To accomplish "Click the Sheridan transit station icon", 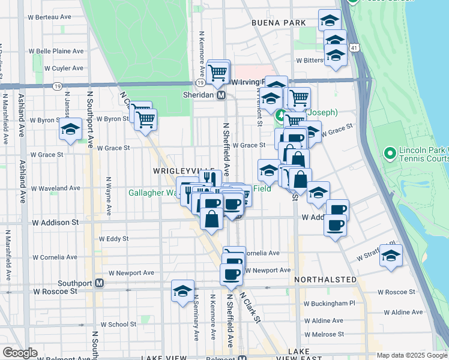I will tap(221, 95).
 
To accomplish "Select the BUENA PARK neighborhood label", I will tap(279, 23).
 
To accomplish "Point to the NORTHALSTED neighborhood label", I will tap(325, 280).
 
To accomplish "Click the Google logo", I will tap(20, 353).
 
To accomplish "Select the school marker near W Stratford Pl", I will tap(391, 256).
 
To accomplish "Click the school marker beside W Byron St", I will tap(70, 128).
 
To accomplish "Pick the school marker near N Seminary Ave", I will tap(182, 292).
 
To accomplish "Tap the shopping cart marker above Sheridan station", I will tap(218, 73).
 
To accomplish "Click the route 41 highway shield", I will tap(355, 47).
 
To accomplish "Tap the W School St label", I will tap(118, 324).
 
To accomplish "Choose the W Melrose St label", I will tap(324, 334).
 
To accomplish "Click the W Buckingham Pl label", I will tap(330, 304).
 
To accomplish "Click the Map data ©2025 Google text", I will tap(411, 355).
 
